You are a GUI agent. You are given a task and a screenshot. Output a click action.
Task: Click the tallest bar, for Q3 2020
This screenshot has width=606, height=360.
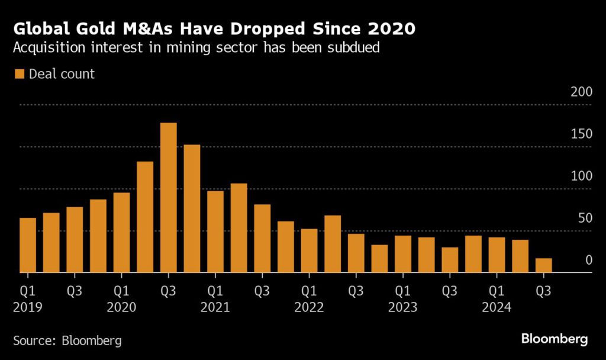(169, 198)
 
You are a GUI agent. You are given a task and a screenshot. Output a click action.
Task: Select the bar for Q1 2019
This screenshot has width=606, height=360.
(28, 245)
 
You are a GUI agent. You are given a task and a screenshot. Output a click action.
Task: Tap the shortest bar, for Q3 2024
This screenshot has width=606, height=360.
(544, 265)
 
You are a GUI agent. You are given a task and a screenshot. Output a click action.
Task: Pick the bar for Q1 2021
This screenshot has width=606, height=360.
(215, 232)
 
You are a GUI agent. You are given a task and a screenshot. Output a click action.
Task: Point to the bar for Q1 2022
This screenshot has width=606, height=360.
(309, 250)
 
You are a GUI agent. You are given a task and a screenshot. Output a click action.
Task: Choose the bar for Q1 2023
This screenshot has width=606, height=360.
(403, 254)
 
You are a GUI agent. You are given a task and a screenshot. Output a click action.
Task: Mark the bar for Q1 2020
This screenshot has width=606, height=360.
(121, 233)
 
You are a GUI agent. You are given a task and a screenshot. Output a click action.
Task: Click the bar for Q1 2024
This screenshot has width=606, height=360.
(497, 255)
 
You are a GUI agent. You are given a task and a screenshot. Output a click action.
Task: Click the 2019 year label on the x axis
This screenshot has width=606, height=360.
(28, 308)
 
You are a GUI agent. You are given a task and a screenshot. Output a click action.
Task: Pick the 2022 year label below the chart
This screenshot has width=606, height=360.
(309, 308)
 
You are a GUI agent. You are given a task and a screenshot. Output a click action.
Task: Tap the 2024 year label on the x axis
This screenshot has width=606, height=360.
(497, 308)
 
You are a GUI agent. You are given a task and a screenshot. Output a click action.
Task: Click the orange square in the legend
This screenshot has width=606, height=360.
(19, 74)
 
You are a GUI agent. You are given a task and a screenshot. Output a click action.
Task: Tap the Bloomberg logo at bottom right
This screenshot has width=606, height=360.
(555, 339)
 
